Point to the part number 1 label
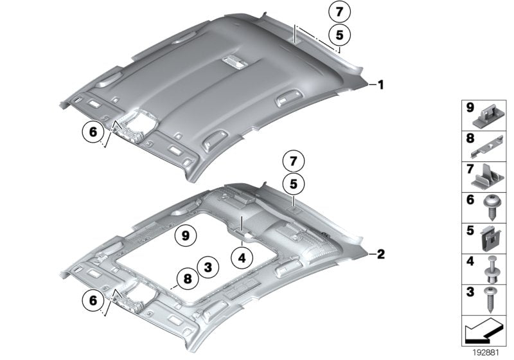380,84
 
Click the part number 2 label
380,255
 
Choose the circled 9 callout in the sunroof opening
185,236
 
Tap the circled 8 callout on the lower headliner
186,279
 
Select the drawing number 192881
486,353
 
